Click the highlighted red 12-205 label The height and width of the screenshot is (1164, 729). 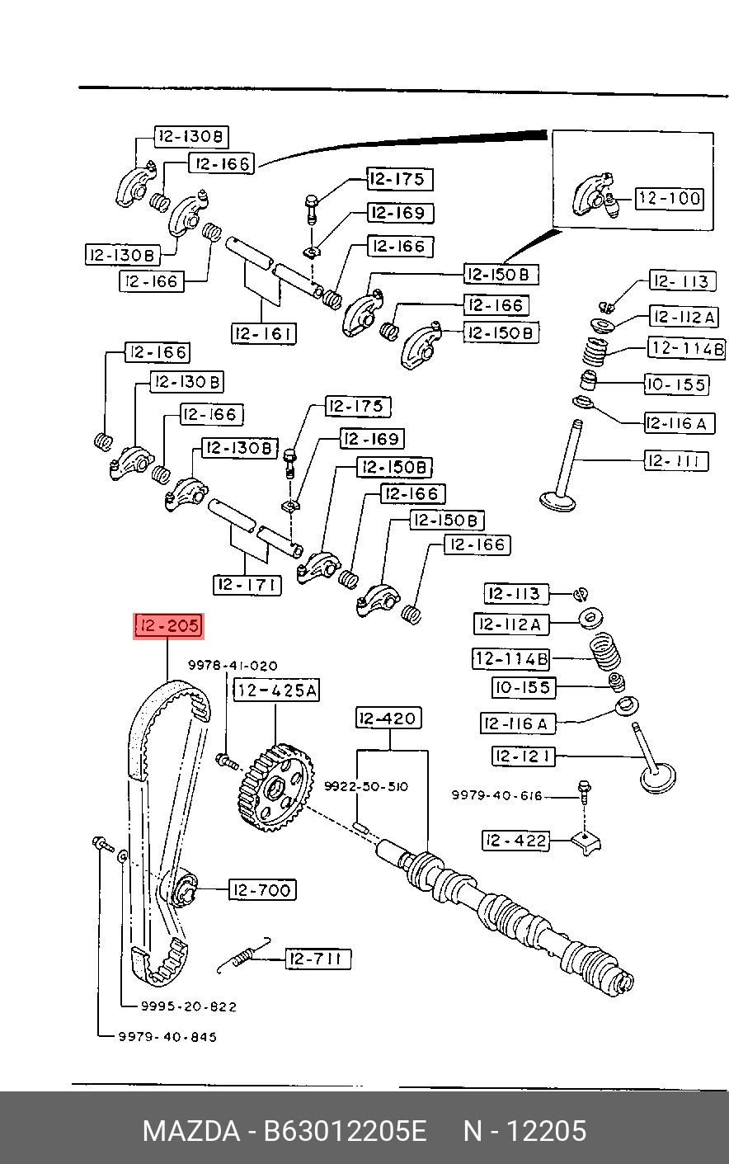tap(169, 626)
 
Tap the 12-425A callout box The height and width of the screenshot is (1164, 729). tap(276, 690)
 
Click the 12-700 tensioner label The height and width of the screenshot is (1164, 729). tap(262, 890)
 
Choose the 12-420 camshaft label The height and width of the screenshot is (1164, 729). tap(388, 719)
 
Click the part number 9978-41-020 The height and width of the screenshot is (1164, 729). tap(233, 666)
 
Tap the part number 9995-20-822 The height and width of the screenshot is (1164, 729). tap(189, 1006)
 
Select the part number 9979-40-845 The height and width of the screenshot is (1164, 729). tap(167, 1037)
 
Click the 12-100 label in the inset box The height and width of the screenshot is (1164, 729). tap(670, 199)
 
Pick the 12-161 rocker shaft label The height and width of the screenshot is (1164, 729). tap(264, 333)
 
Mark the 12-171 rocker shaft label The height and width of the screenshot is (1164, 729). tap(247, 585)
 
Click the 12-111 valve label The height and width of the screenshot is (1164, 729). tap(676, 461)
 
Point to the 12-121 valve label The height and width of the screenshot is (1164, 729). tap(523, 756)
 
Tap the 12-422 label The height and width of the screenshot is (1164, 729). tap(515, 841)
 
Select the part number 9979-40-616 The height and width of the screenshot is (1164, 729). tap(496, 795)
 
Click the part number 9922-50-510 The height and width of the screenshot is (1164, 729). tap(366, 786)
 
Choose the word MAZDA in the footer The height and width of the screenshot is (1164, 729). tap(191, 1131)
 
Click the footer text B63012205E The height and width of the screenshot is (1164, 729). tap(345, 1131)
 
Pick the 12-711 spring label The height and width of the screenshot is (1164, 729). tap(318, 959)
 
